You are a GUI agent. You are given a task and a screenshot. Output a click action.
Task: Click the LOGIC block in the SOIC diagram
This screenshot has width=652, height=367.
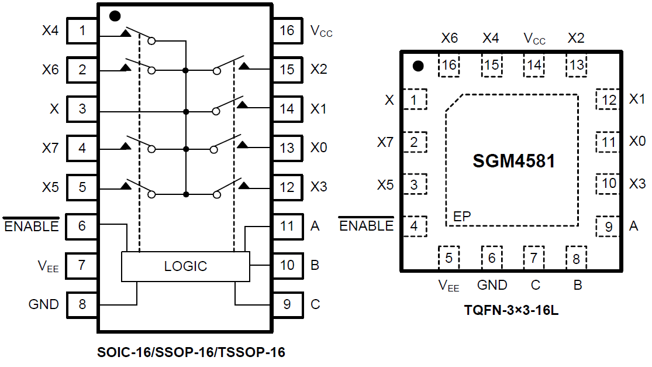(185, 266)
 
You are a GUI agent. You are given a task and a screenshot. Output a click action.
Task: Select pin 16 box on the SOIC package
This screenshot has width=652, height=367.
(287, 30)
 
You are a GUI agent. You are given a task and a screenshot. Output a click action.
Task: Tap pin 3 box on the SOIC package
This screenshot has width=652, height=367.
(82, 109)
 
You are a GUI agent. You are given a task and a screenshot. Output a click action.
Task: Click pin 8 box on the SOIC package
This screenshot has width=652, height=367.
(82, 304)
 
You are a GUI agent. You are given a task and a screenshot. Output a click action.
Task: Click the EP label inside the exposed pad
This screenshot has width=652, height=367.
(462, 217)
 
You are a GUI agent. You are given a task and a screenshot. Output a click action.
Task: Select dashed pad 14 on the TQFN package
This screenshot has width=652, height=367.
(533, 64)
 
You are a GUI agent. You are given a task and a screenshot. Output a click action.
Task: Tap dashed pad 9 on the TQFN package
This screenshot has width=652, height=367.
(609, 226)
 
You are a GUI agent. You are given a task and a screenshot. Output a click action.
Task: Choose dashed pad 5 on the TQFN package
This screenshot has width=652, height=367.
(449, 257)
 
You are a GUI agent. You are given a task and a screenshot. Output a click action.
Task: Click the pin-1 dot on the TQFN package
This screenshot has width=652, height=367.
(418, 66)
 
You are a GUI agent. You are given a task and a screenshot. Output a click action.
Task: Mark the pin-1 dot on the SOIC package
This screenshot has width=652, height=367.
(115, 16)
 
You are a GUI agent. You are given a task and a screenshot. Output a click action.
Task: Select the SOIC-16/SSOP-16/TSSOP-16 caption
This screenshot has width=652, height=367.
(191, 353)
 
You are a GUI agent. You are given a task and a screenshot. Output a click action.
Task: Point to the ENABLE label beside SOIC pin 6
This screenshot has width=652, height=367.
(32, 226)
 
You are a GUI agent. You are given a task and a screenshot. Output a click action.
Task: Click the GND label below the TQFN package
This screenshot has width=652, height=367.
(492, 286)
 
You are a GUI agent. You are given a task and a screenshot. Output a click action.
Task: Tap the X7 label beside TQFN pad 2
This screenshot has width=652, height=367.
(385, 142)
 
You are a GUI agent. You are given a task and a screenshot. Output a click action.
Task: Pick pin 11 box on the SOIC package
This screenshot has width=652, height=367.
(287, 226)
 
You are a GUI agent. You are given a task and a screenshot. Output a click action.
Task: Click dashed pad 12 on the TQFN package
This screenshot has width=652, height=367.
(609, 100)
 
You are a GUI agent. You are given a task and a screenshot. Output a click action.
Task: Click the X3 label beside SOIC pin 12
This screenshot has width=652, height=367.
(319, 187)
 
